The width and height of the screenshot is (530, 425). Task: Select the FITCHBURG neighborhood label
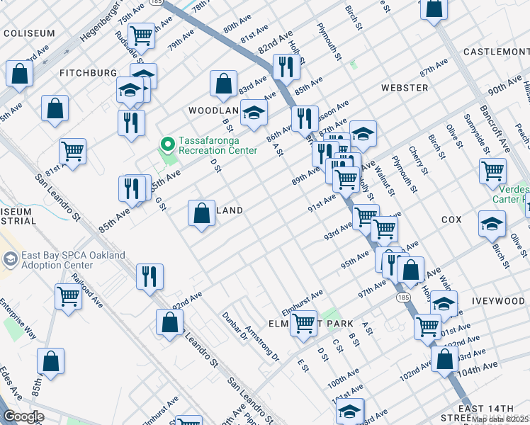click(88, 73)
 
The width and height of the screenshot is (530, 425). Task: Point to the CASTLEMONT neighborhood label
click(496, 52)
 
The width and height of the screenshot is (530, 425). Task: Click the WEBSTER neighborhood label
click(405, 88)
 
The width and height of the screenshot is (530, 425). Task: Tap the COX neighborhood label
click(451, 220)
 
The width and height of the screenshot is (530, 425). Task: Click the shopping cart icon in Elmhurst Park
click(303, 324)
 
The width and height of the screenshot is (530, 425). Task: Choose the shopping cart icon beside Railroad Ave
click(68, 296)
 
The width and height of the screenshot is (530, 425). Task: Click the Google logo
click(23, 417)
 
